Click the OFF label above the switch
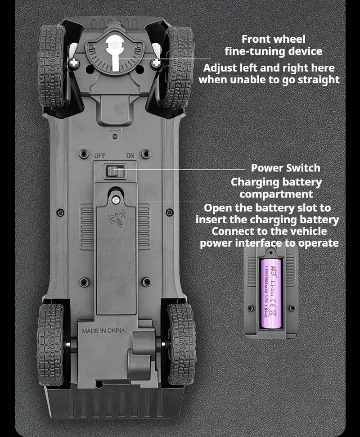(100, 156)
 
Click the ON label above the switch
(130, 156)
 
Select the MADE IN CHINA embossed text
(103, 331)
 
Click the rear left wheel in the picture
(51, 344)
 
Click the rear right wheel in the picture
(181, 344)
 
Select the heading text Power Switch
(285, 168)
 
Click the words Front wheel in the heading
(273, 39)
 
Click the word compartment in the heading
(276, 194)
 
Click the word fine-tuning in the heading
(254, 51)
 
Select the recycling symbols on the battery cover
(116, 218)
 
